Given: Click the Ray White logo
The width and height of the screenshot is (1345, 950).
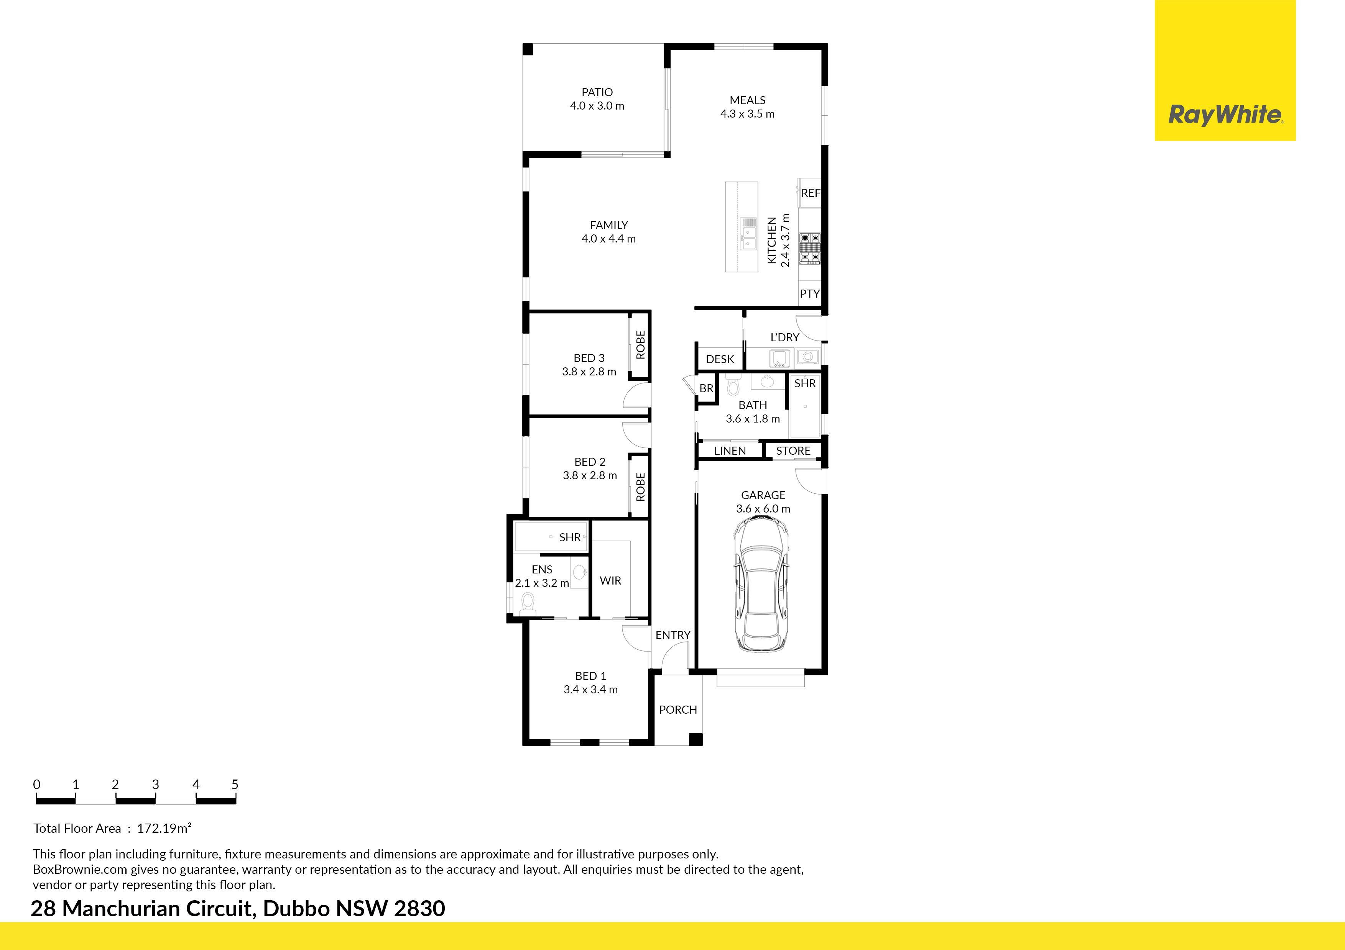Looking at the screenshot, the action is point(1225,114).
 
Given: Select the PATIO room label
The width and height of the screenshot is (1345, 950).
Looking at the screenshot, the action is point(597,92).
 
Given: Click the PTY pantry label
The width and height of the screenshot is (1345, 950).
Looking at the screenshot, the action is point(810,293).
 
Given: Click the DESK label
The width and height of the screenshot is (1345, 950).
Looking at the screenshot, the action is point(720,359).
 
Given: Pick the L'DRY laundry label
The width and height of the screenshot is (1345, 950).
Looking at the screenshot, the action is point(784,337).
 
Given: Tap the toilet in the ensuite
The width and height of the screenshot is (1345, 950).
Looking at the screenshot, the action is point(528,603).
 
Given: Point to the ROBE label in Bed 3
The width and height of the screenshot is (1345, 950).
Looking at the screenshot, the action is point(640,345).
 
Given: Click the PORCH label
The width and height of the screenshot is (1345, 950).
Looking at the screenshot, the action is point(678,709).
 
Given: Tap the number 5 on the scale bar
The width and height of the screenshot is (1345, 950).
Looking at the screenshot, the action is point(235,785).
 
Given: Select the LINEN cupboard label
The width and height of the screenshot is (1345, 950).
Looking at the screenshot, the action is point(730,451).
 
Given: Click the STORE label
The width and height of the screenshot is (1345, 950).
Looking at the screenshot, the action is point(793,451).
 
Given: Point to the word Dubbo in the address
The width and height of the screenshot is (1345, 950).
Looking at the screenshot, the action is point(296,909).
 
